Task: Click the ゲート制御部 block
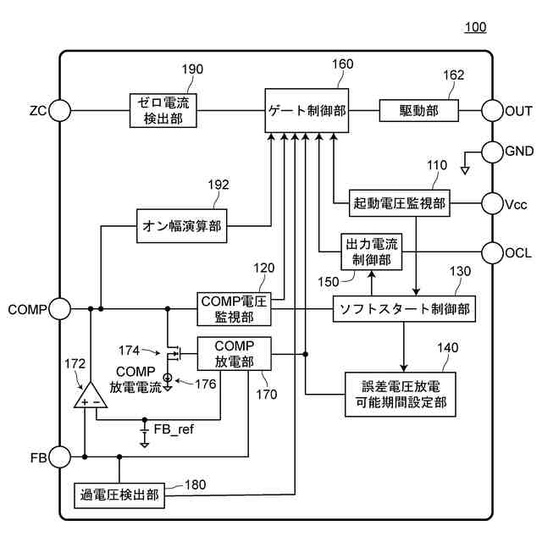[x=306, y=110]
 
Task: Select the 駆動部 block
[x=418, y=110]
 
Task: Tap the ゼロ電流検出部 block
[x=163, y=110]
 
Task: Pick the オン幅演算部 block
[x=185, y=226]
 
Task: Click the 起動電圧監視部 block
[x=400, y=202]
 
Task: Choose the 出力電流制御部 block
[x=370, y=252]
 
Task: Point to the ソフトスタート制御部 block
[x=401, y=308]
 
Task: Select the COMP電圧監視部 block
[x=233, y=308]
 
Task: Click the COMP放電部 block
[x=235, y=353]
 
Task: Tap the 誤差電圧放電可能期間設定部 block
[x=401, y=393]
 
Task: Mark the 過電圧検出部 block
[x=119, y=495]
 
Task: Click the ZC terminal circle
[x=60, y=110]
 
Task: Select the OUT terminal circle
[x=493, y=110]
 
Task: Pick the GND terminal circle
[x=493, y=152]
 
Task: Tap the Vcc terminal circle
[x=493, y=202]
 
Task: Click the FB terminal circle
[x=60, y=457]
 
